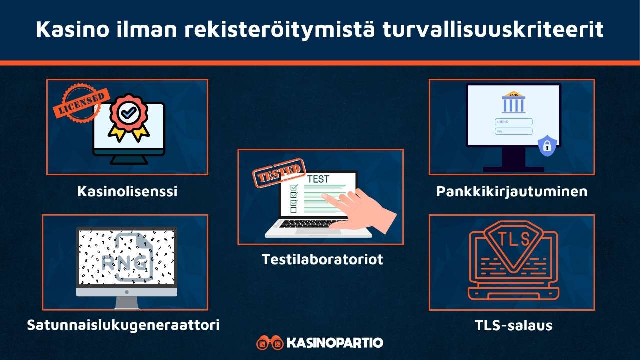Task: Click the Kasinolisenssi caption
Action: coord(127,191)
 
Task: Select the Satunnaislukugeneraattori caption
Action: coord(123,325)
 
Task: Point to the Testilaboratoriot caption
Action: coord(322,259)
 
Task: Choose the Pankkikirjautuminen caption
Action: coord(512,191)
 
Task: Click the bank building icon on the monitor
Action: coord(513,103)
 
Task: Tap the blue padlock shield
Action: coord(547,146)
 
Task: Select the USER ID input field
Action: coord(513,121)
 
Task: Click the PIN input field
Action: coord(513,131)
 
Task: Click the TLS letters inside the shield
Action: coord(512,239)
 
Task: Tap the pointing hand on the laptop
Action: coord(362,210)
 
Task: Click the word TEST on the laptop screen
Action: coord(318,179)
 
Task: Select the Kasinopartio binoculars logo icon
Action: coord(269,343)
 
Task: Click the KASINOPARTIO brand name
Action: coord(335,343)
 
